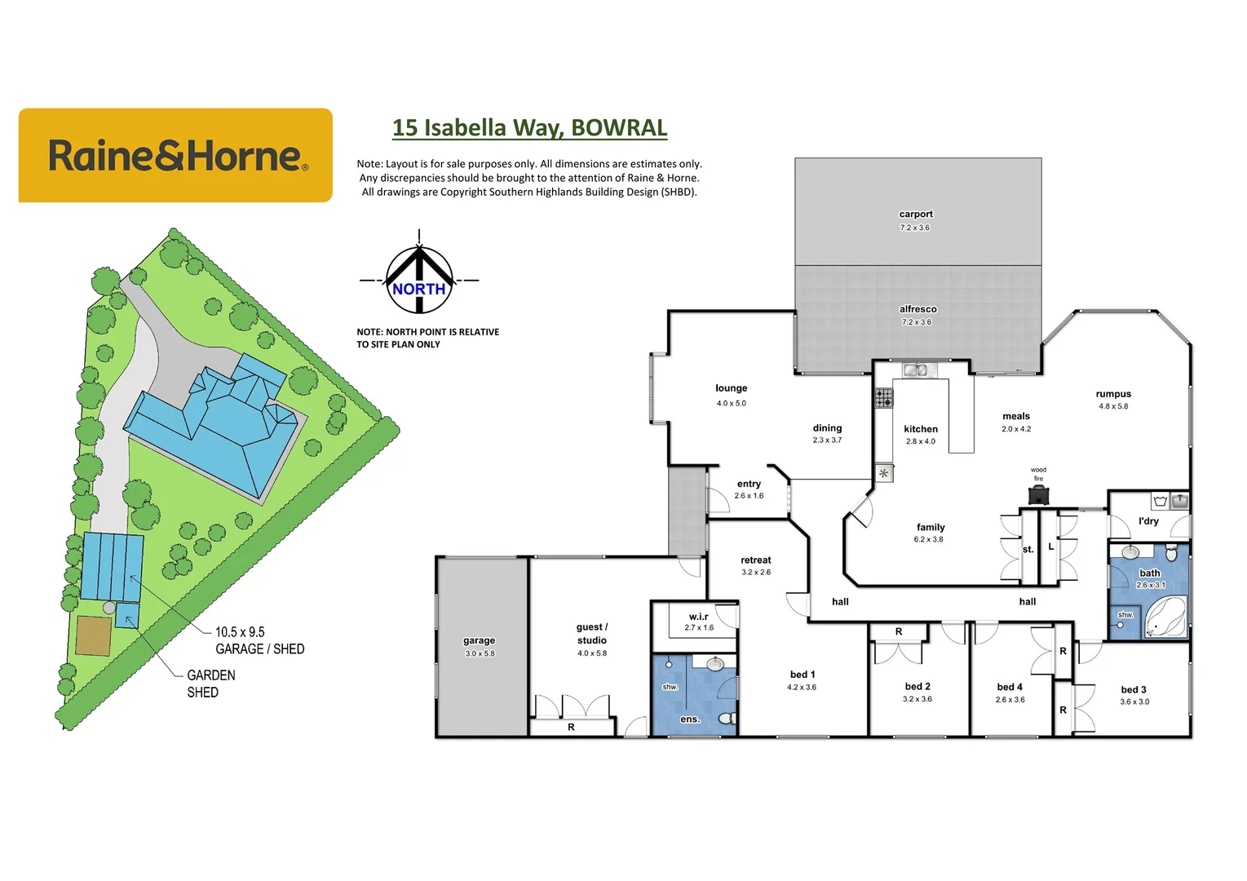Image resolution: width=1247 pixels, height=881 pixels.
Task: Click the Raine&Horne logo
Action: [175, 155]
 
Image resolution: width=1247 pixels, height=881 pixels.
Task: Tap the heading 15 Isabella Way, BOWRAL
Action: [529, 128]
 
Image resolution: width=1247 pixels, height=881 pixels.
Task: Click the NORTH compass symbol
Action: [419, 281]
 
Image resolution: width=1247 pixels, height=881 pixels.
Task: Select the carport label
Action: [916, 215]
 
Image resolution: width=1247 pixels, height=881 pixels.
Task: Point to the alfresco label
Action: [918, 309]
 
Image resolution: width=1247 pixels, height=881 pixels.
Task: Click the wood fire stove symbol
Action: [1038, 494]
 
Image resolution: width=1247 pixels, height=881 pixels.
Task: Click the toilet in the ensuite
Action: [727, 718]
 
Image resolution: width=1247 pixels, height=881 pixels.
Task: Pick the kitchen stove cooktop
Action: [884, 399]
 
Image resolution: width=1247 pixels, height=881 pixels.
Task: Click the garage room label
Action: [479, 641]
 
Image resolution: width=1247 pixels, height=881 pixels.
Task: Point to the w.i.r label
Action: [698, 617]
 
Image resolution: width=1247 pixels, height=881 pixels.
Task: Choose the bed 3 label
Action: [1134, 690]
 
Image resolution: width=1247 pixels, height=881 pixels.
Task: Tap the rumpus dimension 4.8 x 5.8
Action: [1113, 406]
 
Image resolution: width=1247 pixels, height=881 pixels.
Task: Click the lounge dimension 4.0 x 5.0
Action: [731, 403]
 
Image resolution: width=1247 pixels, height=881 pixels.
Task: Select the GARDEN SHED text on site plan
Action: [210, 684]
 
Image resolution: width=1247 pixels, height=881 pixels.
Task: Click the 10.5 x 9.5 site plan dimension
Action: [240, 632]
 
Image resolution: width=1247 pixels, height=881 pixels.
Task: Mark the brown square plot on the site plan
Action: [94, 636]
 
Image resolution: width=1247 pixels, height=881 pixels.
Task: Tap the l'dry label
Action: [1148, 521]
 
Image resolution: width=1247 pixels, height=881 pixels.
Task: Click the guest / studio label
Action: [592, 634]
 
